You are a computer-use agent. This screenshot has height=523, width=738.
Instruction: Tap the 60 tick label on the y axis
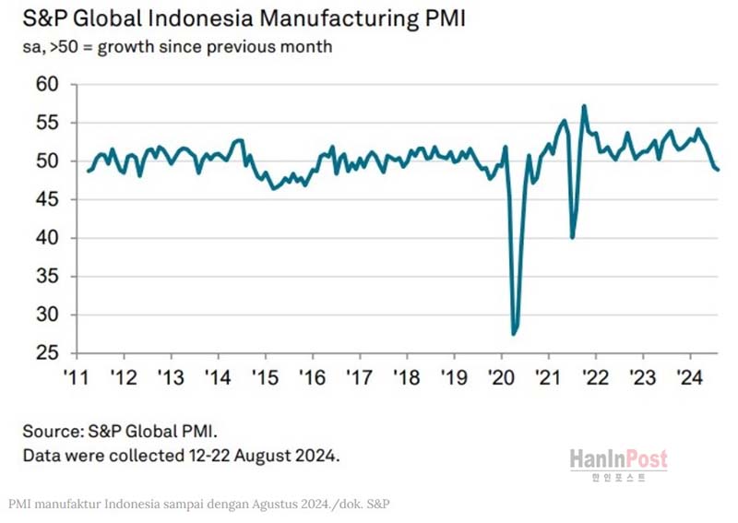tap(46, 85)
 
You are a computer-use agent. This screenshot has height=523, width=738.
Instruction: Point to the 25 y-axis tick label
tap(46, 353)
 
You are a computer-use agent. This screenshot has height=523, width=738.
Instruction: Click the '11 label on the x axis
tap(75, 377)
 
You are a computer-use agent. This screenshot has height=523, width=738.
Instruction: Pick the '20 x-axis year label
tap(500, 377)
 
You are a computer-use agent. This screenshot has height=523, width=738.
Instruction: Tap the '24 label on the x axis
tap(689, 377)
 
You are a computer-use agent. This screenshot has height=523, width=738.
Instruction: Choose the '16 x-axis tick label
tap(311, 377)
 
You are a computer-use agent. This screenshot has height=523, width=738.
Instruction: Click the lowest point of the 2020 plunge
tap(514, 333)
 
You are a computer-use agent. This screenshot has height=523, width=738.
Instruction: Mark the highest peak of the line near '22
tap(584, 106)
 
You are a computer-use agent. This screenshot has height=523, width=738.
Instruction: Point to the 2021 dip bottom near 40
tap(573, 237)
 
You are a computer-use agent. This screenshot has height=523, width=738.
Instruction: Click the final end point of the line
tap(719, 169)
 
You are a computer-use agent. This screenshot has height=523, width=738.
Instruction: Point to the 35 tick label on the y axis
tap(46, 277)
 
